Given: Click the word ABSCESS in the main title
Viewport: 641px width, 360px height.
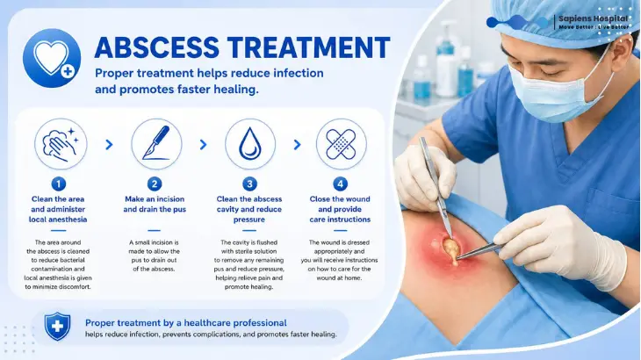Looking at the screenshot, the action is [x=157, y=47].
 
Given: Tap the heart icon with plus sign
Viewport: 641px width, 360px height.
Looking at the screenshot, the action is [x=52, y=58].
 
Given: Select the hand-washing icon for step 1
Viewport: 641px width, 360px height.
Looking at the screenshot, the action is [x=61, y=144].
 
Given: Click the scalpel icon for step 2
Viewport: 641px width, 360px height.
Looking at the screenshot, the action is [x=156, y=144].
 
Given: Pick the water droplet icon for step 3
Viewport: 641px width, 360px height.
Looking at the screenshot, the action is [x=250, y=144].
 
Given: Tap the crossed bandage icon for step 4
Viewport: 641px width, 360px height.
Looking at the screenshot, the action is [x=342, y=144].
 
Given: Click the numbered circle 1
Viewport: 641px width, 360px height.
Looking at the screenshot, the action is [x=59, y=184].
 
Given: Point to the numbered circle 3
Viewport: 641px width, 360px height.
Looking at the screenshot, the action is [x=249, y=184].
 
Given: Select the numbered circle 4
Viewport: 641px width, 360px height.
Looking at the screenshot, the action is [x=340, y=184].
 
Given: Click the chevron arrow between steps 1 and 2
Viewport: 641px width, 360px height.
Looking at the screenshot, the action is [x=109, y=144].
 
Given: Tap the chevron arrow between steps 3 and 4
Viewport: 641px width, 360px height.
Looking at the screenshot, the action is [x=297, y=144].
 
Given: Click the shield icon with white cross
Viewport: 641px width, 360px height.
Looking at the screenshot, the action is [x=57, y=326].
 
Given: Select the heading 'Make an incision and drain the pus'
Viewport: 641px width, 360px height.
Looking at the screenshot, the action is [x=155, y=204].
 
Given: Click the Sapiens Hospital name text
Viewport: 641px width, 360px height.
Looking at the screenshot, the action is [x=594, y=18].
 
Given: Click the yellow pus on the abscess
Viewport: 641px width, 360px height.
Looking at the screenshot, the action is [x=451, y=249].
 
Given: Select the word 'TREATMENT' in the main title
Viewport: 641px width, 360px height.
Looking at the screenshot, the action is [x=309, y=47].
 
